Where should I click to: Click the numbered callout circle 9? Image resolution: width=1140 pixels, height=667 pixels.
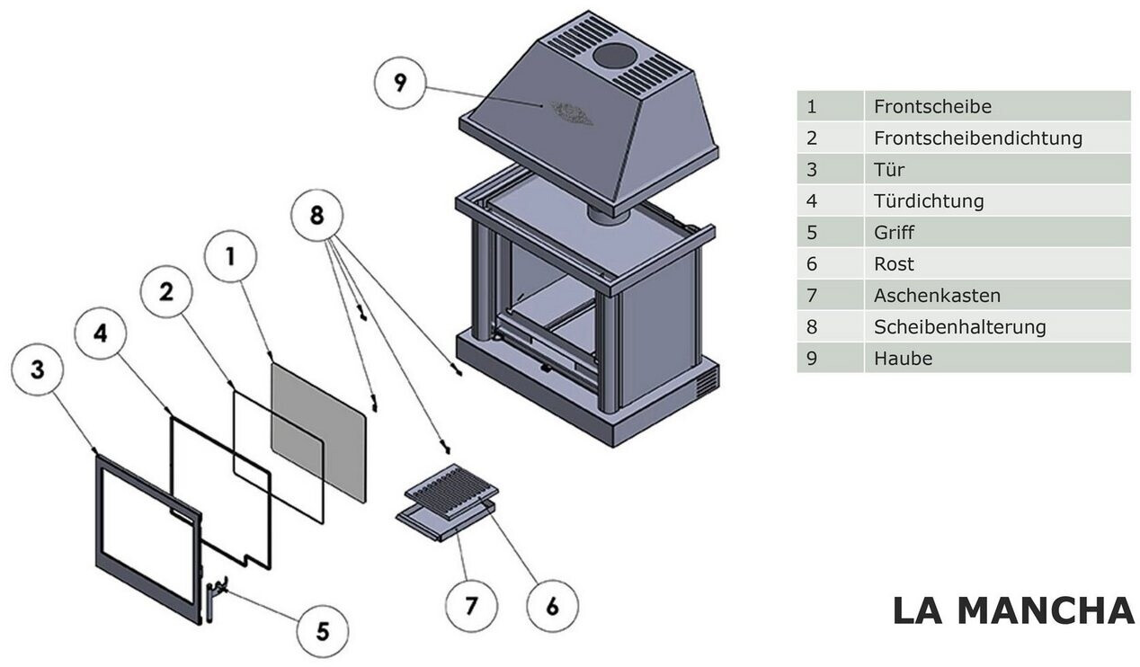pos(400,83)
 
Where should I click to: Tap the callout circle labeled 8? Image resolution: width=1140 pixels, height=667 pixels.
pos(317,216)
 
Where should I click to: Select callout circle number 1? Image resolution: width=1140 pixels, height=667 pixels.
pos(230,258)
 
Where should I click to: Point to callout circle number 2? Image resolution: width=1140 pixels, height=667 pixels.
pos(167,292)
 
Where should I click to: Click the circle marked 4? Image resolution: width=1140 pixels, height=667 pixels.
pos(101,333)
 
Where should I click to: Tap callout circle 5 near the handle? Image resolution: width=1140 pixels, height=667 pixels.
pos(322,627)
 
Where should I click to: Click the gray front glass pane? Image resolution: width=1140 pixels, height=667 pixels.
pos(319,431)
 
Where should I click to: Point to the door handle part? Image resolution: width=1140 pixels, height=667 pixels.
pos(213,598)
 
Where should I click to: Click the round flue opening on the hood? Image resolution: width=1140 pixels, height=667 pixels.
pos(613,56)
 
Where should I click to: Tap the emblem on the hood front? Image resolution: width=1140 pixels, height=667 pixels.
pos(571,112)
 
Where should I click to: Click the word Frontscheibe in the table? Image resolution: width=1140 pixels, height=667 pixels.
pos(932,107)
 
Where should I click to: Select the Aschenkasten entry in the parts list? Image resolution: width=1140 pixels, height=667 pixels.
pos(937,296)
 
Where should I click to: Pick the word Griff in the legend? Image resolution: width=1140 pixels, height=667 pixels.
pos(894,233)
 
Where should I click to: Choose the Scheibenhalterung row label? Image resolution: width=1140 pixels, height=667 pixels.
pos(959,327)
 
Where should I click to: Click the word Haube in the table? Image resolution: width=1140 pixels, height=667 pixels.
pos(903,359)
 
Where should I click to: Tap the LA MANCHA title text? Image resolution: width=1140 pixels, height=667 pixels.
pos(1013,611)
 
